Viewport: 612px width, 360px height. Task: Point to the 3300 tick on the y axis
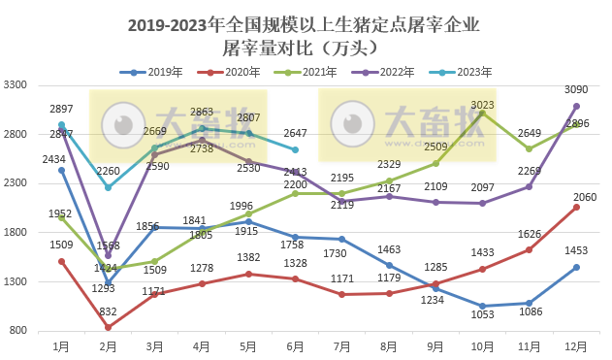point(16,84)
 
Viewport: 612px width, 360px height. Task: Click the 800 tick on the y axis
point(19,331)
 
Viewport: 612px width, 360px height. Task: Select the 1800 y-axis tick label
point(16,232)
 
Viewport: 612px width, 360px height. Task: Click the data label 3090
point(578,90)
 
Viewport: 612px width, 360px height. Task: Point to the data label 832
point(108,311)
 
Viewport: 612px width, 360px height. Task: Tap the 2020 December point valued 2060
point(576,207)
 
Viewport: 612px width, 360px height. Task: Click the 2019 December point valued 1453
point(576,267)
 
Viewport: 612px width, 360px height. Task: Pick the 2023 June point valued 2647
point(295,149)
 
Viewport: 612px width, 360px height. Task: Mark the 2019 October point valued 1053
point(482,306)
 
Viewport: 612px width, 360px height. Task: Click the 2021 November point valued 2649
point(530,149)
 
